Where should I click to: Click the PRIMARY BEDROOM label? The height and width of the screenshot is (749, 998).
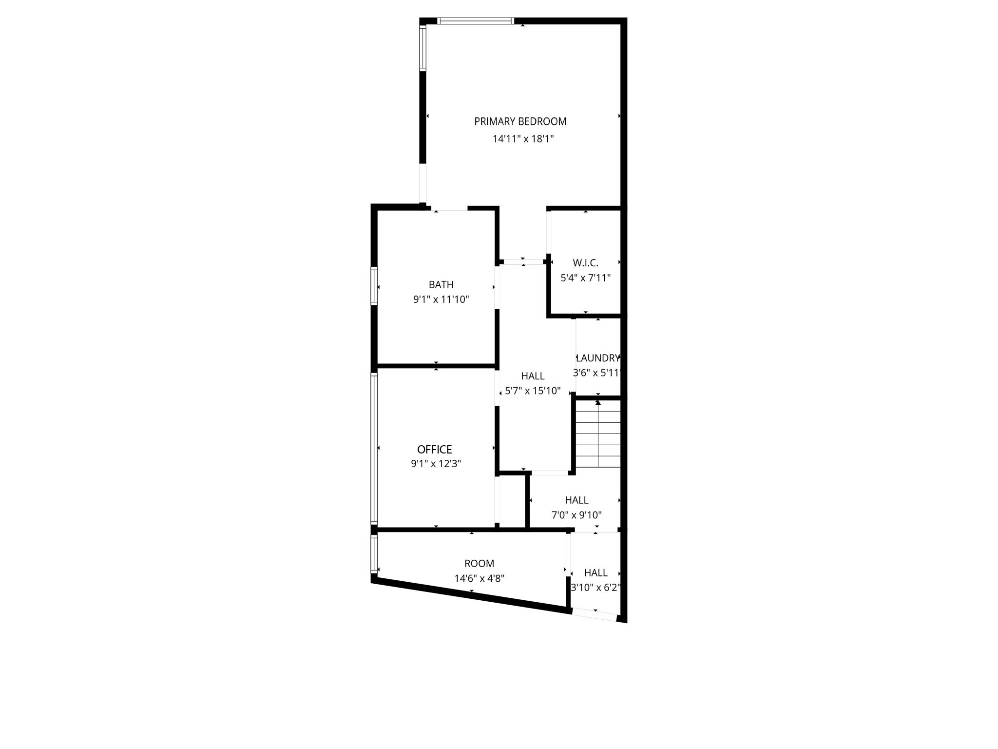click(520, 121)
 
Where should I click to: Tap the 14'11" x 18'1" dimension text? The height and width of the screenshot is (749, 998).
click(523, 139)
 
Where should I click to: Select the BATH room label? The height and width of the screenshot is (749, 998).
click(441, 284)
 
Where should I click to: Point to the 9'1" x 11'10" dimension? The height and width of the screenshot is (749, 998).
click(441, 299)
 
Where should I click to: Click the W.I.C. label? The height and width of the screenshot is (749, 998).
click(585, 263)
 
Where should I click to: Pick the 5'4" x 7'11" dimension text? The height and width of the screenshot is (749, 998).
click(585, 278)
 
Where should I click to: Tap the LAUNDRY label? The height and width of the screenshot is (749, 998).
click(597, 358)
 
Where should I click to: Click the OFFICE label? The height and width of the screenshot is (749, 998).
click(435, 449)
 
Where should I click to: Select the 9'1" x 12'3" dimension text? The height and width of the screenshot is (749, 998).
click(436, 463)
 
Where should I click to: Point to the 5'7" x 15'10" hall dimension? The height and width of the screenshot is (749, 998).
click(533, 391)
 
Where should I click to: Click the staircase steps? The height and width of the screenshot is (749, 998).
click(598, 434)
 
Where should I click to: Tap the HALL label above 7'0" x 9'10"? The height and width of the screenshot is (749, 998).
click(576, 500)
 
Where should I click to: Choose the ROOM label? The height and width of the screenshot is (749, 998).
click(480, 564)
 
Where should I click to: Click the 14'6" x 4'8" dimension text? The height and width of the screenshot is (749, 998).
click(480, 579)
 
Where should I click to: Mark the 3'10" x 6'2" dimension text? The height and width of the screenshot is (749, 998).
click(595, 588)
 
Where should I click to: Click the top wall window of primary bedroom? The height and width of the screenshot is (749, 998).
click(475, 21)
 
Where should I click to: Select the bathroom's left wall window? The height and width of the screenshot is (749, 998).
click(374, 286)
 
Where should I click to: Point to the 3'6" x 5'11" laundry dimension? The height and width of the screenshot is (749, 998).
click(597, 373)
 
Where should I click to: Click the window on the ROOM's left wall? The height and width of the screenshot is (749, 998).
click(374, 554)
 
